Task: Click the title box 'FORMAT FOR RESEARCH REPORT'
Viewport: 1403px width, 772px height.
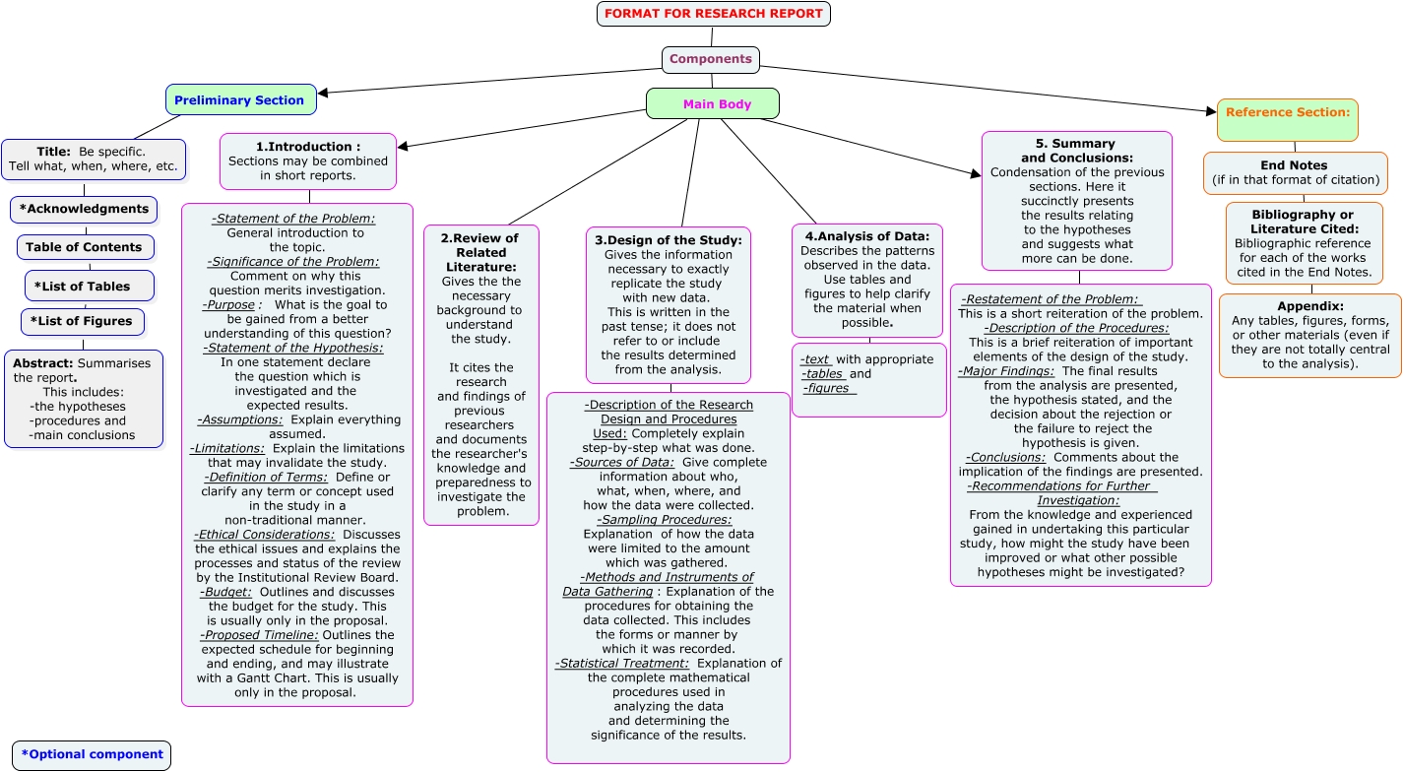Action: point(714,14)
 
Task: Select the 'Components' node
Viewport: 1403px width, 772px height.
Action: point(710,59)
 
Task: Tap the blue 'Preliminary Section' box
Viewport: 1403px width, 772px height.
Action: point(240,100)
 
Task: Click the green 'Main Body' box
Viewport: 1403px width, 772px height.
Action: point(713,104)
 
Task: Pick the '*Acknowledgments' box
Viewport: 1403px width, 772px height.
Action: point(84,209)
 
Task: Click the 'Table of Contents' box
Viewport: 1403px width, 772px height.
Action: point(84,247)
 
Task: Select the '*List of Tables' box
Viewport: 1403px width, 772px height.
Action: point(89,287)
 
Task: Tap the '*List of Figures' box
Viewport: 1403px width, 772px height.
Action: point(83,322)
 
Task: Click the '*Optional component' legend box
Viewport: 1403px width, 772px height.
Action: point(92,755)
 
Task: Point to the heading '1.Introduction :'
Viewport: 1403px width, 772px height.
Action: point(308,147)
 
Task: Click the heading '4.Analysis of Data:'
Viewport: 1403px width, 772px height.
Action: point(866,236)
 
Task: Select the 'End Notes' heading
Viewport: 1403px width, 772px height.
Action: point(1294,165)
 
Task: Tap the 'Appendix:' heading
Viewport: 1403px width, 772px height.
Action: point(1310,306)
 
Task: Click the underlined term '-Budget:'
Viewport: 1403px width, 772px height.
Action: point(225,592)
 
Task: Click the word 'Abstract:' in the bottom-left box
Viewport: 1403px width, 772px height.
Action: point(42,363)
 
